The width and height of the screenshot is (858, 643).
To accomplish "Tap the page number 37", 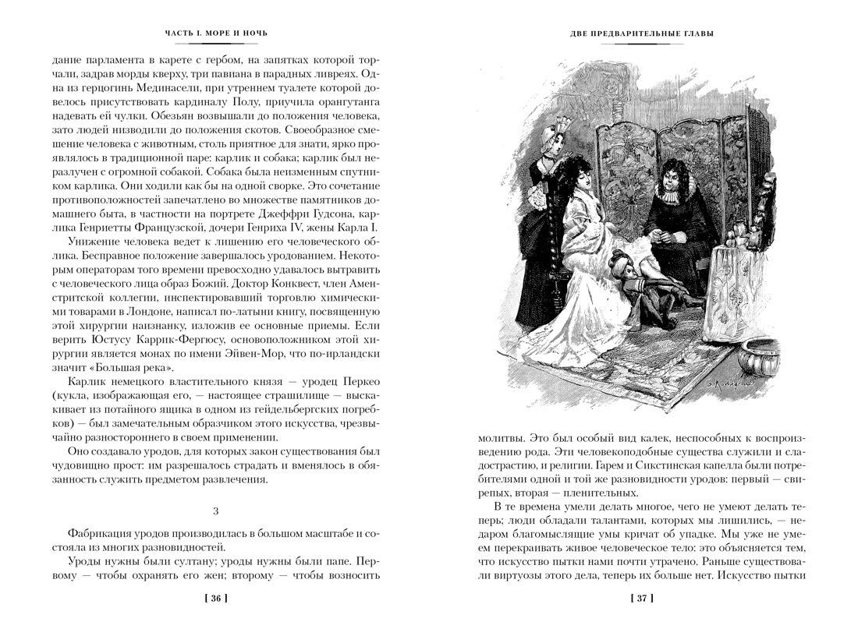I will click(x=642, y=599).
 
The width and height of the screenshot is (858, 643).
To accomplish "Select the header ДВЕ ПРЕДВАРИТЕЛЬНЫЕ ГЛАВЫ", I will click(x=642, y=34).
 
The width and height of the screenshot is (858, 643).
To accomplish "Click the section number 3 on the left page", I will click(x=214, y=511).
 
